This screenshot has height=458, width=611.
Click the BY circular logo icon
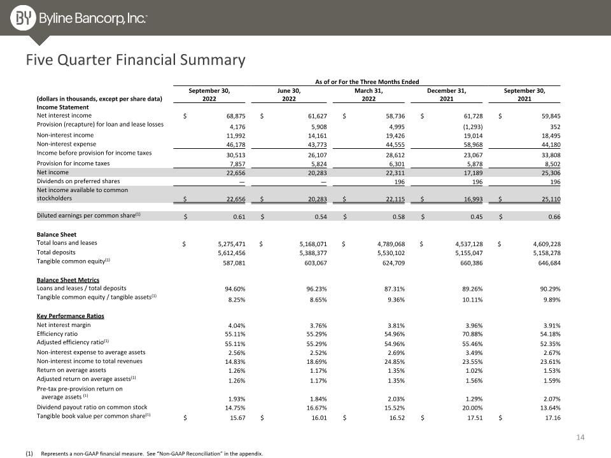click(x=23, y=18)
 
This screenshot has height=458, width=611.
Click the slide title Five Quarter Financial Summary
click(x=136, y=60)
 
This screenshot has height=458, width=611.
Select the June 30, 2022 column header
click(x=289, y=95)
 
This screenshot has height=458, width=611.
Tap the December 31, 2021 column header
click(x=447, y=95)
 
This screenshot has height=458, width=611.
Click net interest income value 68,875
click(x=235, y=116)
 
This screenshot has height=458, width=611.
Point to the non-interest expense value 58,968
click(x=473, y=145)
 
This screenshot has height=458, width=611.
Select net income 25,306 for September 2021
click(x=551, y=173)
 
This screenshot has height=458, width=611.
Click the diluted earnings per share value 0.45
click(x=477, y=217)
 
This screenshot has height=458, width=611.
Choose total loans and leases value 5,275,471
click(x=232, y=244)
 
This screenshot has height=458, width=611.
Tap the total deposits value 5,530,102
click(x=391, y=253)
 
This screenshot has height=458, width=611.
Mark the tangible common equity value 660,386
click(x=472, y=263)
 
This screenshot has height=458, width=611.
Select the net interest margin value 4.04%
click(x=237, y=326)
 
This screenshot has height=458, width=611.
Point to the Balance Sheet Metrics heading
click(x=68, y=280)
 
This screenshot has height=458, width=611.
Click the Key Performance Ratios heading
click(x=70, y=316)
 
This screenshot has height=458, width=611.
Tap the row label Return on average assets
click(x=71, y=370)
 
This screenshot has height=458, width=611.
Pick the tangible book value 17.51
click(x=475, y=418)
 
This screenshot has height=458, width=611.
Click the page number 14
click(x=580, y=438)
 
